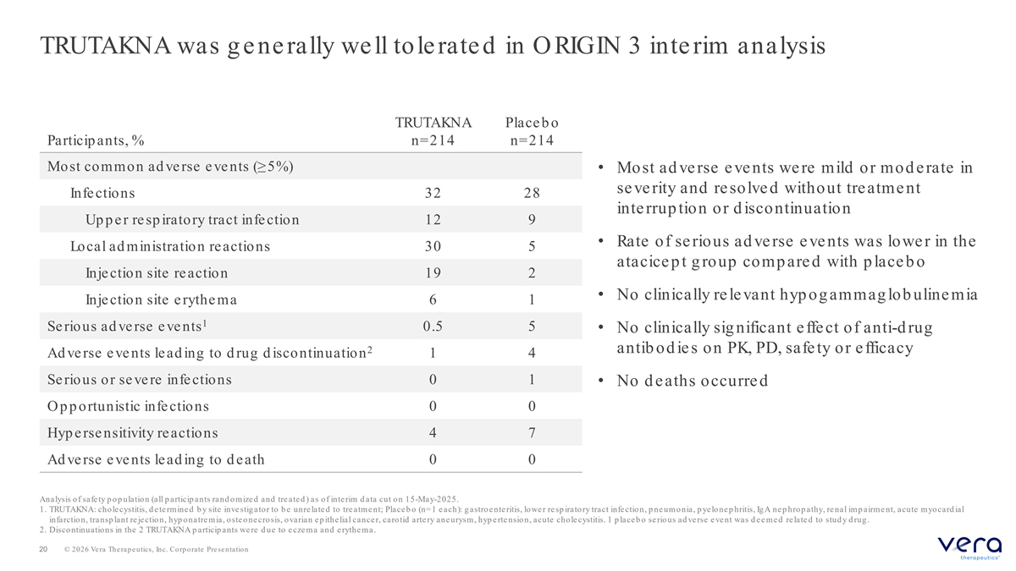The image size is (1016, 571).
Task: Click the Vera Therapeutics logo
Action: click(969, 548)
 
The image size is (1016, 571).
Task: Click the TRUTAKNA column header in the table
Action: click(433, 131)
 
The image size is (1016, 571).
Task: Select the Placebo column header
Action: click(532, 131)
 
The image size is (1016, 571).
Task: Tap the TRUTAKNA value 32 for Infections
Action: click(433, 193)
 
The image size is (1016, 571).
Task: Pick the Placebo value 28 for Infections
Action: click(532, 193)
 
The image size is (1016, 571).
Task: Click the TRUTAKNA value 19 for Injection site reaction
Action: click(433, 272)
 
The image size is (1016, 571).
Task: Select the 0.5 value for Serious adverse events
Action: click(433, 327)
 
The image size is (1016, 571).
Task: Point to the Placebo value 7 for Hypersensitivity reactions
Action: click(532, 433)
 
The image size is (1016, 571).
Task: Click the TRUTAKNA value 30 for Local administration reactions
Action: click(433, 246)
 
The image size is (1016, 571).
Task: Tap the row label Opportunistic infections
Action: click(129, 406)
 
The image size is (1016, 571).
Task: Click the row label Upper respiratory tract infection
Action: click(192, 220)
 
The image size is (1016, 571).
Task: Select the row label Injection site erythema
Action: click(161, 299)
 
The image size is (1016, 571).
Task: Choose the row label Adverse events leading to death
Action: click(156, 459)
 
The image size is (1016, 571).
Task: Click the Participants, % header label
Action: click(96, 140)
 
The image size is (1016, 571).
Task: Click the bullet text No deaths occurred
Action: click(693, 381)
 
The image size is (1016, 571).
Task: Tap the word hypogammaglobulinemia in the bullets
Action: click(879, 295)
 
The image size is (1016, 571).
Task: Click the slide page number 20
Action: click(43, 549)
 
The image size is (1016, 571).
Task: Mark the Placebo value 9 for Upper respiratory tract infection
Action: click(532, 220)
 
